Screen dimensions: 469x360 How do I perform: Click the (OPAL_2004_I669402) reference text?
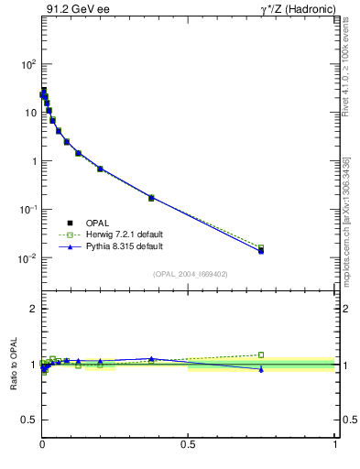pos(190,273)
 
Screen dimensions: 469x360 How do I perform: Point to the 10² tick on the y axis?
pos(28,64)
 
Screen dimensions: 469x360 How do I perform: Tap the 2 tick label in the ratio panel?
pos(32,309)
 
